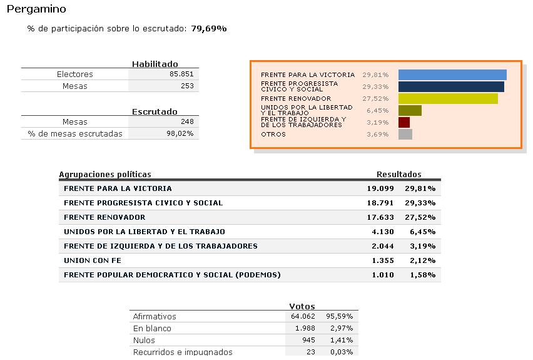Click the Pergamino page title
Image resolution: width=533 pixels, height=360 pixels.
click(36, 9)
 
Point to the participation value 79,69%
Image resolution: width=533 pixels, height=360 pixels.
click(209, 29)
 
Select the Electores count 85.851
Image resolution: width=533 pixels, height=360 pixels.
click(181, 74)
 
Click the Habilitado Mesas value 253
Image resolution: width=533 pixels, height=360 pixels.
click(187, 86)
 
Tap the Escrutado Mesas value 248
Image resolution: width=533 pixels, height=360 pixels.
click(187, 121)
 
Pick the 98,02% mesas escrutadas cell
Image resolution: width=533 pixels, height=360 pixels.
click(180, 133)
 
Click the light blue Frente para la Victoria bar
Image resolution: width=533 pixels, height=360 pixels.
click(452, 75)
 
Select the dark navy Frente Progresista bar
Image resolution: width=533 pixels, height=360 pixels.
click(452, 87)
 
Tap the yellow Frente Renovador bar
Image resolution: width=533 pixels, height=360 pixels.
click(448, 99)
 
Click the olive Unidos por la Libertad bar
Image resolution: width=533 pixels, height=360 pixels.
click(410, 111)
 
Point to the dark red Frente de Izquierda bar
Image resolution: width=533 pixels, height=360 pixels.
click(404, 123)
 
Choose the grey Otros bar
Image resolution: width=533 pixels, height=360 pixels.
click(405, 135)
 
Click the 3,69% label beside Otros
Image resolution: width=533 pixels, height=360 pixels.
click(377, 135)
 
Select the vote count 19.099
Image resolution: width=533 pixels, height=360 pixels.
click(380, 188)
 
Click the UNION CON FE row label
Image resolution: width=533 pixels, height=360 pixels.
click(93, 260)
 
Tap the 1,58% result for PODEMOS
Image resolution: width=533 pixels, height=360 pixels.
click(422, 275)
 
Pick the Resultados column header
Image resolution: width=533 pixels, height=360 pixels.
click(399, 175)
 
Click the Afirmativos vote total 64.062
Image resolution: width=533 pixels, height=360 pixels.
click(303, 316)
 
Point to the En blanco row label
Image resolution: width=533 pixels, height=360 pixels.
click(152, 328)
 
